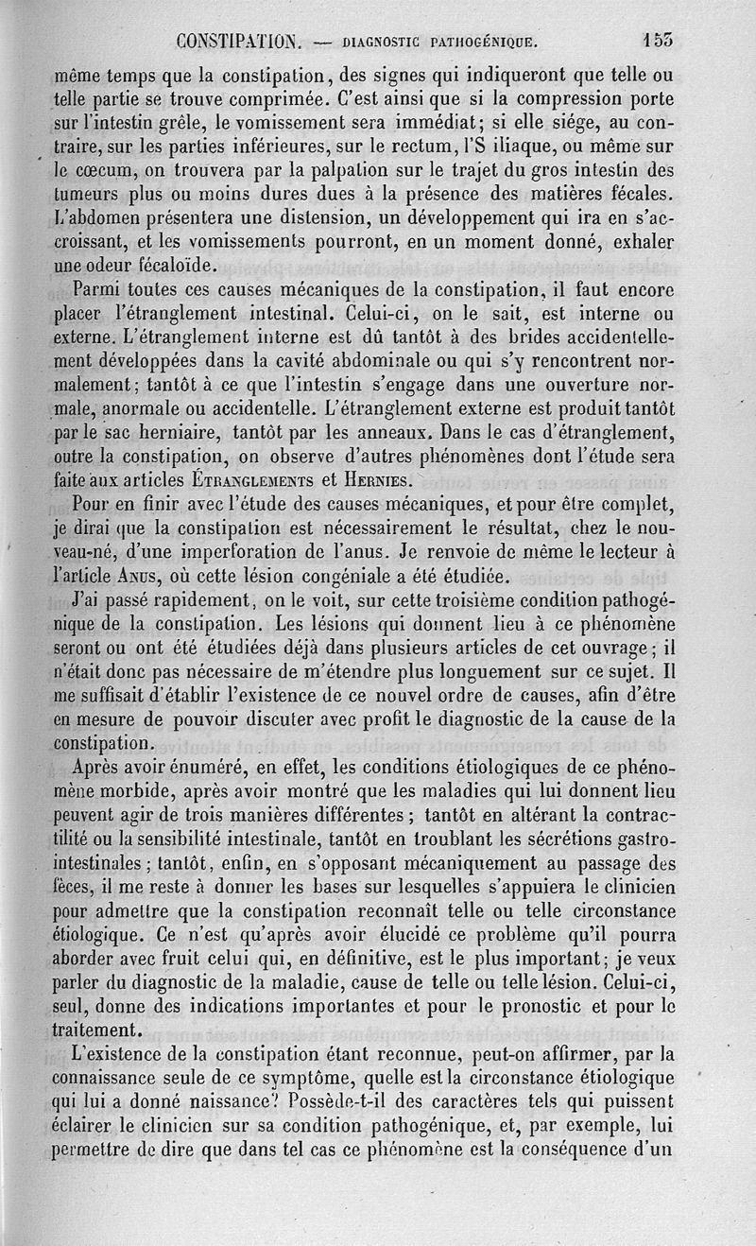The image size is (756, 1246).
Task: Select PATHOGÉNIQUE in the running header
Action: pos(484,43)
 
